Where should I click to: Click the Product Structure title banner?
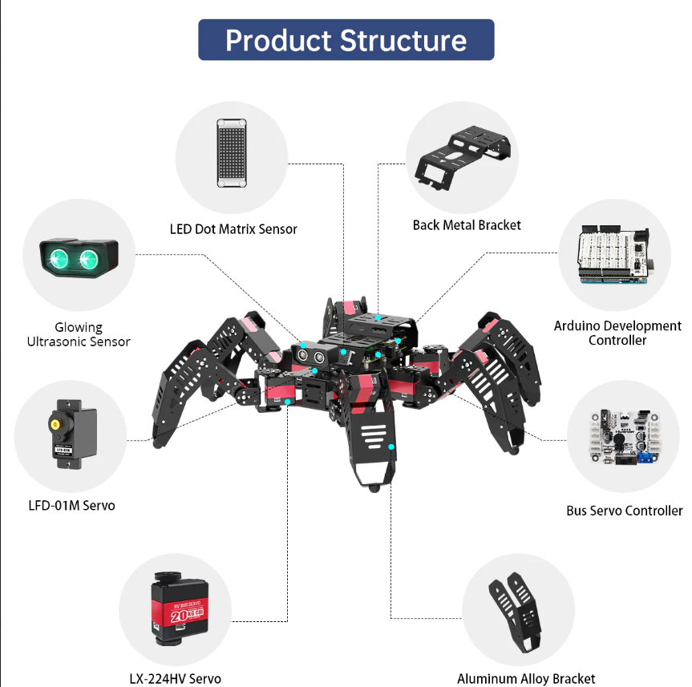(346, 40)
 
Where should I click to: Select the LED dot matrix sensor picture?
(231, 153)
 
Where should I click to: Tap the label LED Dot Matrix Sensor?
(233, 229)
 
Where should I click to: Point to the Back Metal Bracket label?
(467, 225)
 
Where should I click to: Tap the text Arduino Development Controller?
(617, 333)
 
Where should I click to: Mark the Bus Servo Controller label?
(624, 511)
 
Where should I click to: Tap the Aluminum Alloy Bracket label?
(526, 679)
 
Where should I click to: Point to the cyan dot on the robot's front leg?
(391, 446)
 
